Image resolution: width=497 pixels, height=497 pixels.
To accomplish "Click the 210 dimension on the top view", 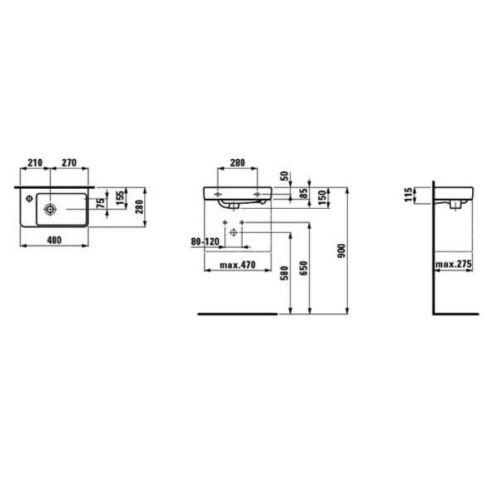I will point(33,161).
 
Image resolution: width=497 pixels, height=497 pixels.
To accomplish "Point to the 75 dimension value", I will point(102,202).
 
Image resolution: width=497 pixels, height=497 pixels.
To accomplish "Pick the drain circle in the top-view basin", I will point(52,209).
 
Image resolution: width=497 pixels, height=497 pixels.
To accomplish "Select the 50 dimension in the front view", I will point(285,175).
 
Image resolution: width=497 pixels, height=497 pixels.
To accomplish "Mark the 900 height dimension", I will point(342,250).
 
